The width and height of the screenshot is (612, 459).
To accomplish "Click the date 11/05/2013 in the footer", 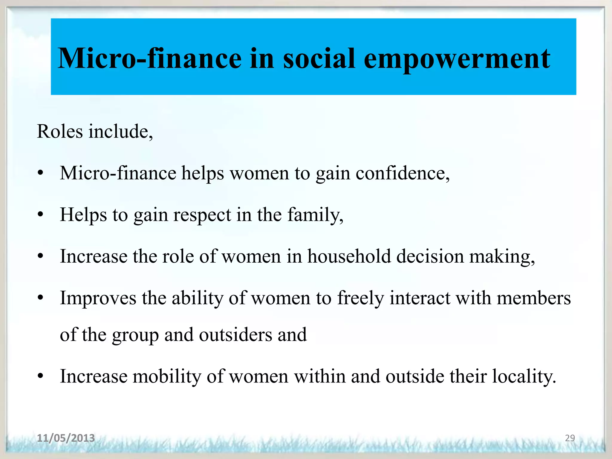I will tap(66, 438).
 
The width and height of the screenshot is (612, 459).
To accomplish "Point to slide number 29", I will tap(570, 438).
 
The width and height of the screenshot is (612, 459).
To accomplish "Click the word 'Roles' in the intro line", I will tap(60, 131).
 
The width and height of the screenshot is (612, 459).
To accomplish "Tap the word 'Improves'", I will tap(98, 298).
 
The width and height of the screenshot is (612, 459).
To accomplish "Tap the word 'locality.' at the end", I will tap(524, 377).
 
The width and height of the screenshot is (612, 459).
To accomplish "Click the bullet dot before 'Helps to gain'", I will tap(41, 215).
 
